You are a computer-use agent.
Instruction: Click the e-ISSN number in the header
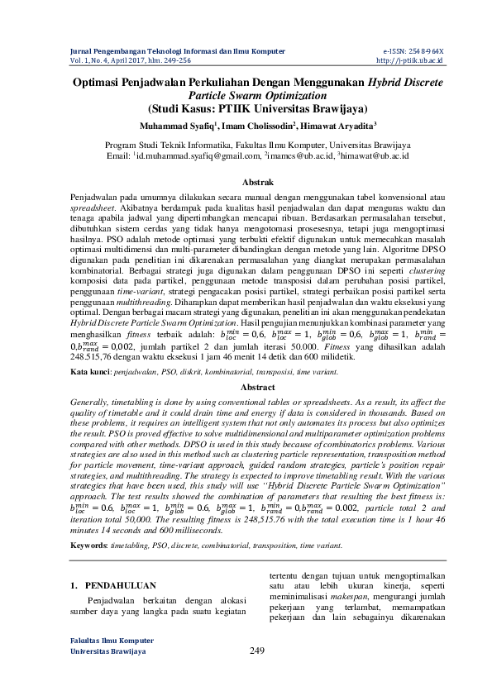[x=413, y=51]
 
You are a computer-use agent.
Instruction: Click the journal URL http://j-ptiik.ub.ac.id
[x=410, y=60]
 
